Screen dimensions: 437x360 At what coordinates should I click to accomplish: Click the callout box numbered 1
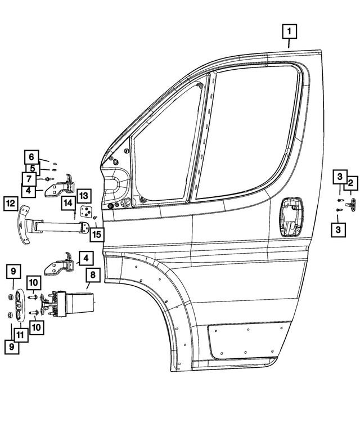coord(289,31)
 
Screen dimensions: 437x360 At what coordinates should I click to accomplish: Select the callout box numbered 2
coord(350,182)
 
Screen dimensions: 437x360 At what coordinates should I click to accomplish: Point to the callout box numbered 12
coord(10,204)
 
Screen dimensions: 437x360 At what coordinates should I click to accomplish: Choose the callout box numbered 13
coord(83,195)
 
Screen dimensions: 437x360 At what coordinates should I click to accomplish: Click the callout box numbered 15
coord(97,233)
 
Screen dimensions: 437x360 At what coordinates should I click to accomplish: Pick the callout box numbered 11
coord(21,335)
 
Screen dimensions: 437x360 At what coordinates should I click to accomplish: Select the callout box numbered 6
coord(31,156)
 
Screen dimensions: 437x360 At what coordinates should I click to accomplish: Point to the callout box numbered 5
coord(31,168)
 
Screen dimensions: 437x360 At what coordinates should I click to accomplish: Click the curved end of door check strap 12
coord(24,226)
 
